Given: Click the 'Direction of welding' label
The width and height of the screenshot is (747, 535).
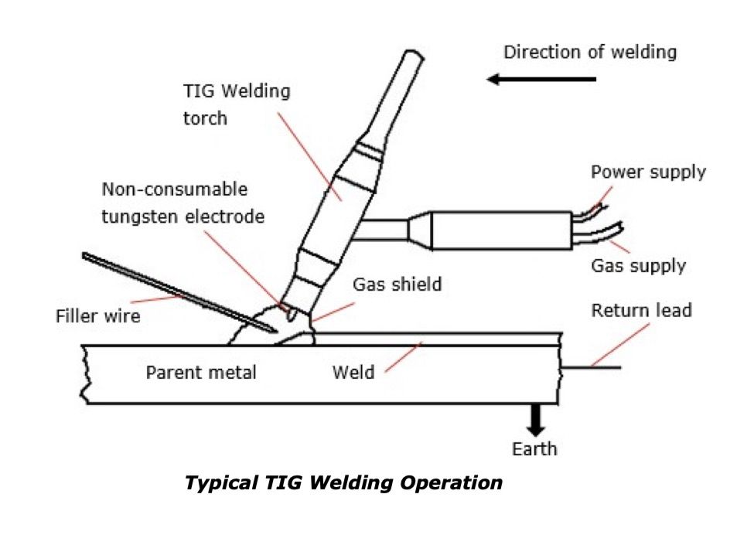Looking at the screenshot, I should click(589, 53).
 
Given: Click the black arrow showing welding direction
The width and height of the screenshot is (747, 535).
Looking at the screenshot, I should click(541, 79).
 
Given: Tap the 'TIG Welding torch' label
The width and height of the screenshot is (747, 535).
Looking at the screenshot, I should click(236, 104).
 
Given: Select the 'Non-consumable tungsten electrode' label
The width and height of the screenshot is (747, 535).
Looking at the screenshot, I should click(182, 203).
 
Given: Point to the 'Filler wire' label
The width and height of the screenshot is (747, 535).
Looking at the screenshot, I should click(97, 315).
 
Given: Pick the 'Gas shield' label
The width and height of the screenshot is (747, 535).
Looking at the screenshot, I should click(397, 284).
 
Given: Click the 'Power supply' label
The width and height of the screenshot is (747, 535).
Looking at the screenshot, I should click(648, 172).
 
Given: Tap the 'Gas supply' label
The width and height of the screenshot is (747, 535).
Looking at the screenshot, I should click(638, 266).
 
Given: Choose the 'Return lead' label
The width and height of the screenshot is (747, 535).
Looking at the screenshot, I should click(641, 311).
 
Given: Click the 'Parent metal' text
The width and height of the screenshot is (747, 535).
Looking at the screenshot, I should click(201, 373).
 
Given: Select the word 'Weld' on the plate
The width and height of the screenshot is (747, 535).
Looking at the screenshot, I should click(353, 373).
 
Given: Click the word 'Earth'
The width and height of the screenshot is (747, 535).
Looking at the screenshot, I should click(534, 448).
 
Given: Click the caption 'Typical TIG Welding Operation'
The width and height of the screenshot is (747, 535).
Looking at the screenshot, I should click(343, 484).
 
